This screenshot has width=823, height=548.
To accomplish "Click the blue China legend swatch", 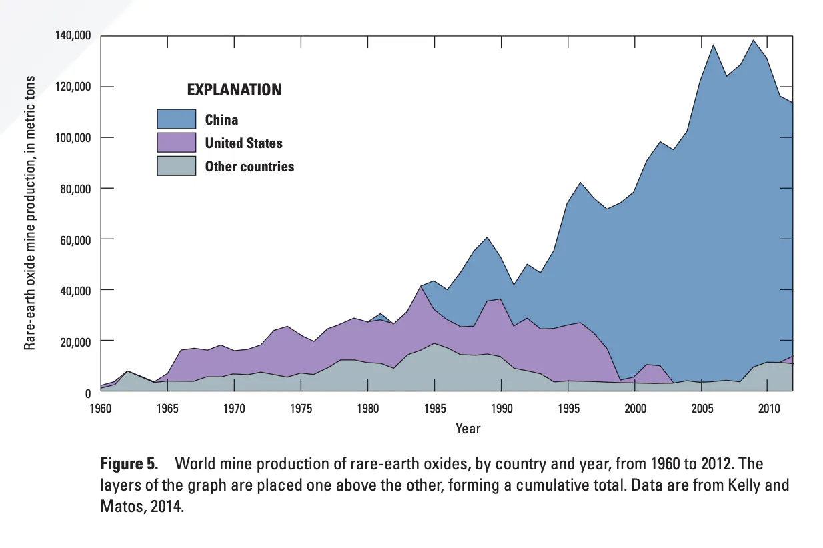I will tap(176, 119).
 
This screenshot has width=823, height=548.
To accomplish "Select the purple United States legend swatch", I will tap(176, 143).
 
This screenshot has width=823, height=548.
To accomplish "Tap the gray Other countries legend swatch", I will tap(176, 166).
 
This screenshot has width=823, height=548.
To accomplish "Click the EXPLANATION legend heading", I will tap(233, 90).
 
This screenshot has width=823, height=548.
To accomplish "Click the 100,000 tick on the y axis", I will tap(72, 137).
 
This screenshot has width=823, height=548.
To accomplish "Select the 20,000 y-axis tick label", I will tap(75, 341).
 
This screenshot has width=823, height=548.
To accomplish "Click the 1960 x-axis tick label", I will tap(100, 407).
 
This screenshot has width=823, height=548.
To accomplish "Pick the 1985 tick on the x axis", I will tap(434, 407).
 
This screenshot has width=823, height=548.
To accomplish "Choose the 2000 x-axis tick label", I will tap(634, 407).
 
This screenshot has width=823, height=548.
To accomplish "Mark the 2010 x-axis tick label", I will tap(768, 407).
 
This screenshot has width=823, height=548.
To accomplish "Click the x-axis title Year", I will tap(468, 429).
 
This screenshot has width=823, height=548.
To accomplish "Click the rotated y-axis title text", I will tap(30, 212).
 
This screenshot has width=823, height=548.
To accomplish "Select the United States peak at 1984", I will tap(421, 287).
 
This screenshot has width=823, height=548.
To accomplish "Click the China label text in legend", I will tap(221, 120).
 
